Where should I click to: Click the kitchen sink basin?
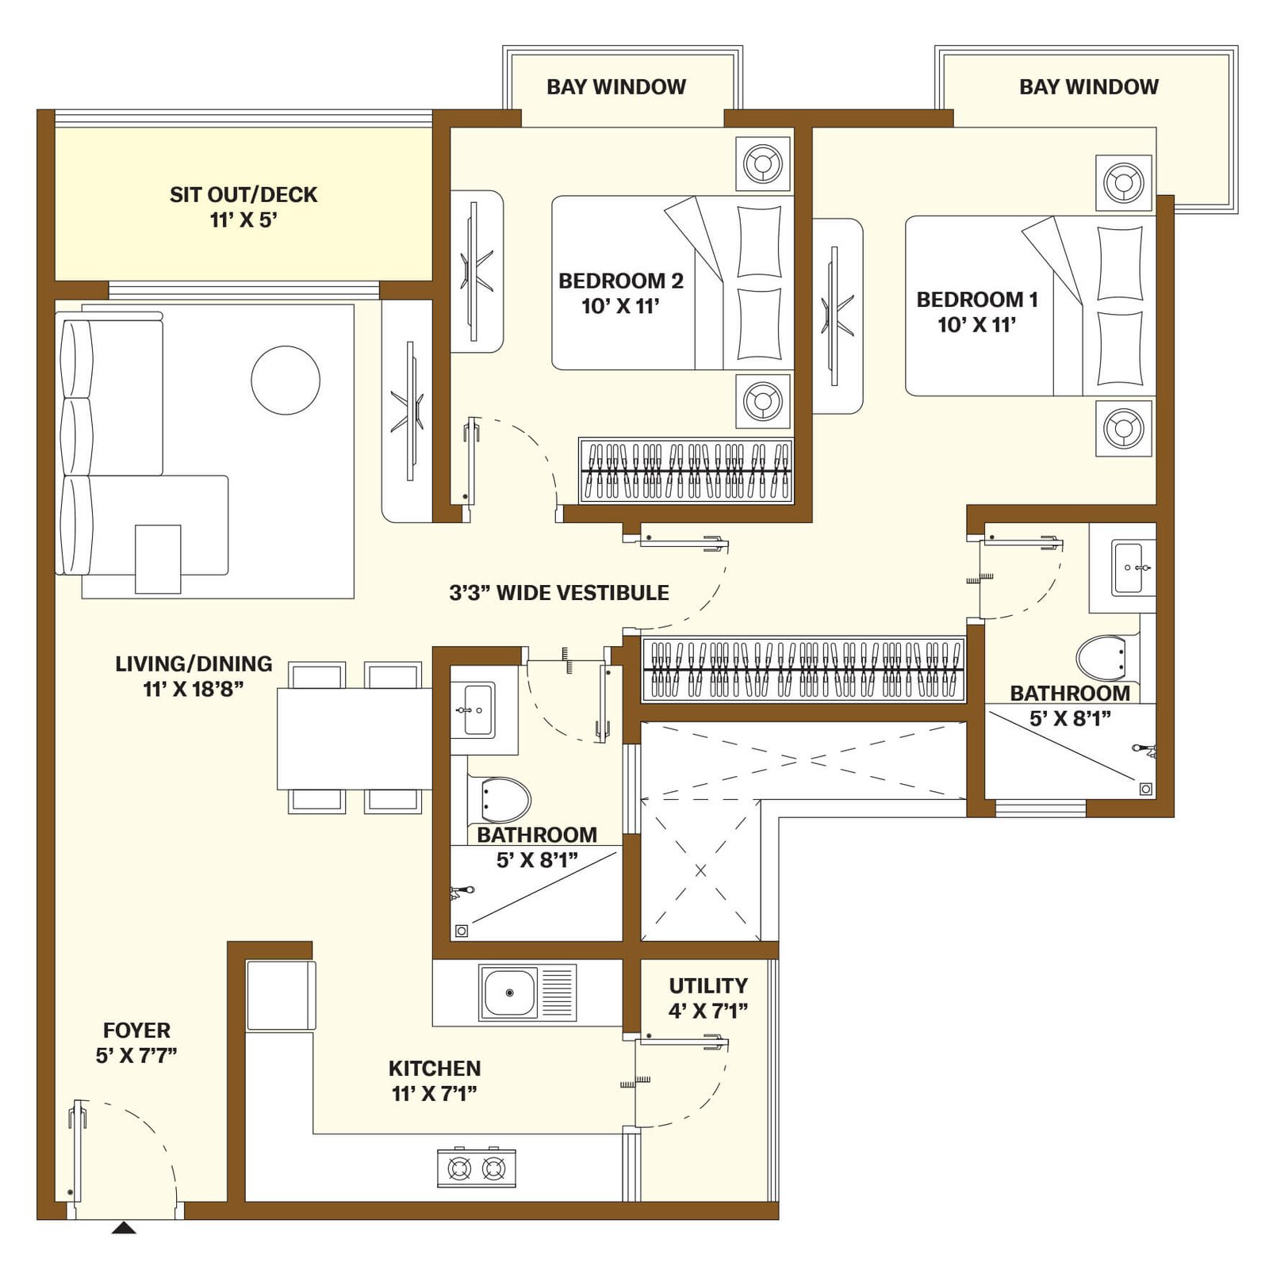click(510, 992)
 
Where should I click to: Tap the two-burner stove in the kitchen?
click(477, 1168)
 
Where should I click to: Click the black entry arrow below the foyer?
click(123, 1228)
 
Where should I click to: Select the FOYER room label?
click(136, 1030)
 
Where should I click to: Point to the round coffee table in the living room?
click(286, 380)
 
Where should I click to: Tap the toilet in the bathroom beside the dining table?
click(505, 799)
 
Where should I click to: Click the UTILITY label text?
click(708, 985)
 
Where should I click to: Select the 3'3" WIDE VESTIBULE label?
click(559, 593)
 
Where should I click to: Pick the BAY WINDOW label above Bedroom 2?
click(616, 86)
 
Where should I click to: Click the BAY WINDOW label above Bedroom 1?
click(1089, 86)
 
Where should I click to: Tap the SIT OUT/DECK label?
click(243, 194)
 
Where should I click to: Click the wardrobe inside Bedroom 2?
click(686, 471)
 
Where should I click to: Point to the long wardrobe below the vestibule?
click(803, 670)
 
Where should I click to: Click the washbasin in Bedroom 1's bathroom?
click(1133, 568)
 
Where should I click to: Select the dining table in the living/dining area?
click(355, 739)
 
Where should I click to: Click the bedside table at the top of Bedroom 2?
click(763, 164)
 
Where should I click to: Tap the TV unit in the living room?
click(408, 411)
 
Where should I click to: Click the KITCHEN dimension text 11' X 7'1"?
click(435, 1094)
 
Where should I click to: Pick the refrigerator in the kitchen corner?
click(281, 995)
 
